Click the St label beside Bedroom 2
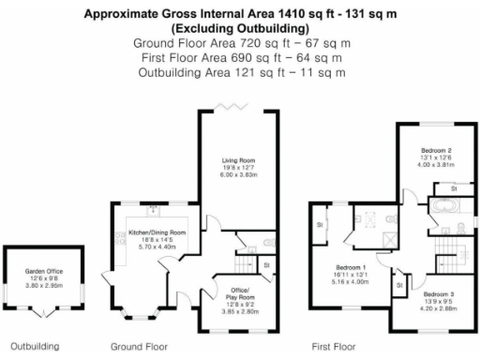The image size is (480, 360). [x=453, y=189]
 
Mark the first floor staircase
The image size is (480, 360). [x=442, y=246]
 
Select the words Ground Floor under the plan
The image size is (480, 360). [x=138, y=346]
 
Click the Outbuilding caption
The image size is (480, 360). [x=33, y=346]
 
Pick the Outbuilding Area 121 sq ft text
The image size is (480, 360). [x=240, y=73]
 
